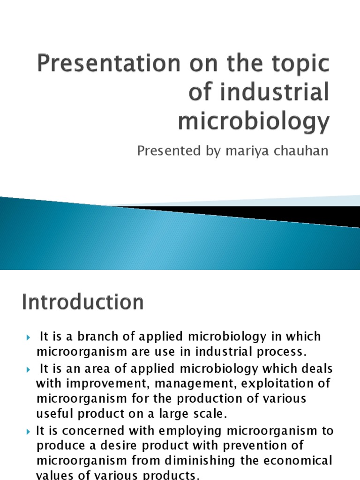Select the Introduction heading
point(82,302)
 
